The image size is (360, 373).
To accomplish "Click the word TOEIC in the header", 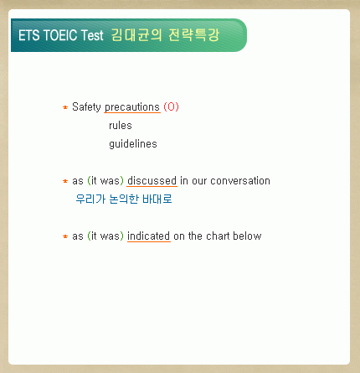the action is (60, 35).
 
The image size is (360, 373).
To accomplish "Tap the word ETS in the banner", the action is (28, 35).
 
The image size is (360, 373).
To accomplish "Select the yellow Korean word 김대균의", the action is (136, 35).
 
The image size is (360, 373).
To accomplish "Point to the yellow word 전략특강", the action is (194, 35).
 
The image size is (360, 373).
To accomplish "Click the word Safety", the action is (86, 107).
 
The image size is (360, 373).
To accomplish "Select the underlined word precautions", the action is (132, 107).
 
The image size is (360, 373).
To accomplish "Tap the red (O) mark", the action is (171, 107).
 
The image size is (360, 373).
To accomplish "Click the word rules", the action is (121, 126).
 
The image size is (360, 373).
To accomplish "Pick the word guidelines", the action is (133, 144).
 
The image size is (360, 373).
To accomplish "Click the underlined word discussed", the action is (152, 181).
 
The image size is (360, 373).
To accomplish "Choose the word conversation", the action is (240, 181).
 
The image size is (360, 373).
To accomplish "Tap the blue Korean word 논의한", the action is (124, 199).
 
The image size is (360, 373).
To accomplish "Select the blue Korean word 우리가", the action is (90, 199).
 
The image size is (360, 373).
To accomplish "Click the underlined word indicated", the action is (149, 236).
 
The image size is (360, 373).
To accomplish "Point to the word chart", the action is (218, 236).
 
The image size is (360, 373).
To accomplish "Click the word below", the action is (247, 236).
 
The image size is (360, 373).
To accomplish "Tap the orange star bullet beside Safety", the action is (65, 107).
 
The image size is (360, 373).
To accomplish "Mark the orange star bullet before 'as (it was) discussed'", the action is (65, 181).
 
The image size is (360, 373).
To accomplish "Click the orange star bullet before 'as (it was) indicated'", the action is (65, 236).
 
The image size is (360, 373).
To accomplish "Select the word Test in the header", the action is (92, 35).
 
